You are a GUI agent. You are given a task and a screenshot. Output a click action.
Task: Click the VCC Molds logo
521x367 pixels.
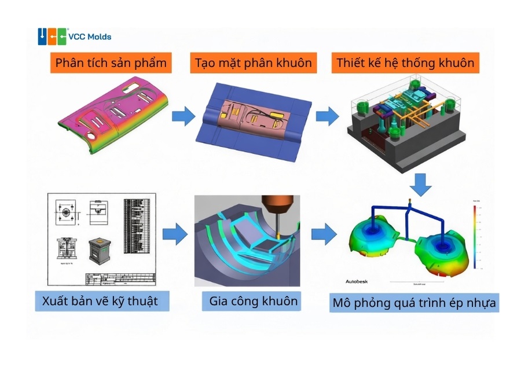75,36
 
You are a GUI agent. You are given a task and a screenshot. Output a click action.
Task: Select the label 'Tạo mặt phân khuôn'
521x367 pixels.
253,63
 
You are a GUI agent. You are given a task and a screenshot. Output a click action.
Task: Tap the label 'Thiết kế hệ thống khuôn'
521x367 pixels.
406,63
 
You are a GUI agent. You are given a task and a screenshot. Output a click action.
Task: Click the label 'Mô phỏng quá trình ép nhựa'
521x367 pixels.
414,303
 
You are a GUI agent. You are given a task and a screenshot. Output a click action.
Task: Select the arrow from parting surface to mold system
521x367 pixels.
327,116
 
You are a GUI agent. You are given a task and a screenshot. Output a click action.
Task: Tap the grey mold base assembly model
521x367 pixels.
405,127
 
